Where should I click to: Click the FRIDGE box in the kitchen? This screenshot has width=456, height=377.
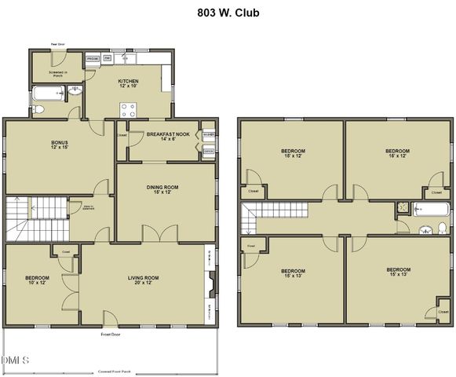[x=93, y=58]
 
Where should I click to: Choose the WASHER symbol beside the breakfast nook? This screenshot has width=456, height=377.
[x=208, y=135]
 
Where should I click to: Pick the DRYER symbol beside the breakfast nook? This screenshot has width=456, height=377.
[x=208, y=152]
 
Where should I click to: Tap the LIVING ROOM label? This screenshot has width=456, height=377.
[x=144, y=280]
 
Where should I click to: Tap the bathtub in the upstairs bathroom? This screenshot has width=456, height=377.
[x=431, y=209]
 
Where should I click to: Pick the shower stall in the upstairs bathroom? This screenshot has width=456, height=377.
[x=403, y=208]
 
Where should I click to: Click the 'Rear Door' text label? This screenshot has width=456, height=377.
[x=57, y=45]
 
